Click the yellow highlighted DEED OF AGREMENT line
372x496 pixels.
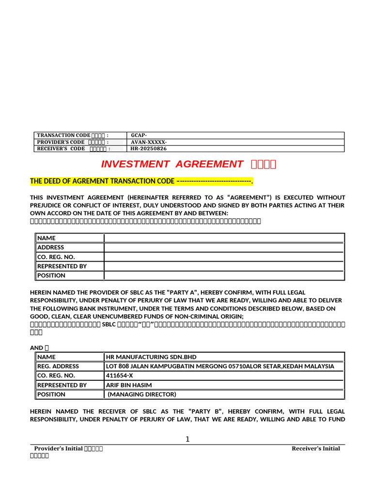[x=141, y=181]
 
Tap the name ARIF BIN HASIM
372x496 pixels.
[x=129, y=385]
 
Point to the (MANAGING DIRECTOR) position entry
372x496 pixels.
[x=142, y=394]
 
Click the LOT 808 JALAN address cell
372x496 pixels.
[x=220, y=366]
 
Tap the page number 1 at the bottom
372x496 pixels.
[x=187, y=439]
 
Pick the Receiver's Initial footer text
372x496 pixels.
[x=316, y=449]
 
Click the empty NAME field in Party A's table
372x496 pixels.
[x=224, y=238]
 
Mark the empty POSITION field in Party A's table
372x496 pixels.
[x=224, y=275]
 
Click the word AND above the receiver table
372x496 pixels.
[x=37, y=348]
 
